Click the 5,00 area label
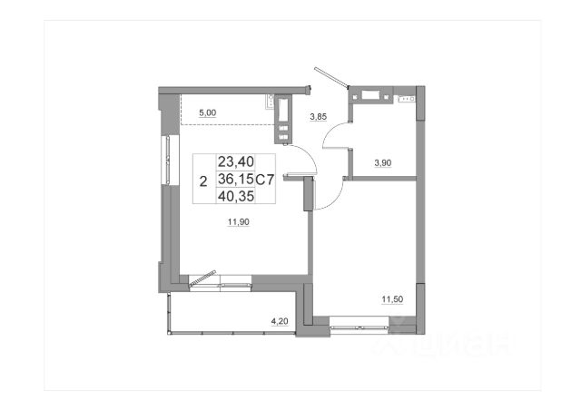[x=208, y=113]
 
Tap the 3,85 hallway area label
[x=319, y=117]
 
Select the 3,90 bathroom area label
[x=383, y=163]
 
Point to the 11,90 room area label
[x=238, y=222]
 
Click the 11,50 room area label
[x=392, y=299]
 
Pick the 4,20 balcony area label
[x=280, y=321]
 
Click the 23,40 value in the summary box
[x=236, y=161]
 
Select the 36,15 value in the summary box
[x=236, y=180]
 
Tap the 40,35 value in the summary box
[x=236, y=196]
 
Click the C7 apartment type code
[x=265, y=180]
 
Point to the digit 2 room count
[x=203, y=181]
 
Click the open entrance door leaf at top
[x=331, y=77]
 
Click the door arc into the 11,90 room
[x=310, y=155]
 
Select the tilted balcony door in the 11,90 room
[x=202, y=278]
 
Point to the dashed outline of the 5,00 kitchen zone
[x=227, y=124]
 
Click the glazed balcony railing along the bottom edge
[x=231, y=333]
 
